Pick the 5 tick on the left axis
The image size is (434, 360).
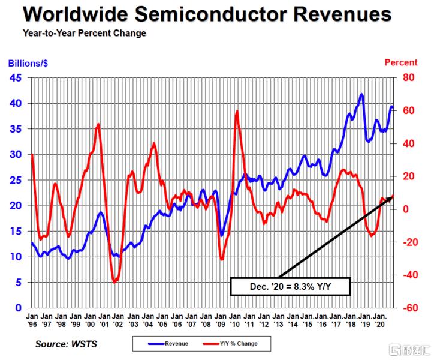coord(20,282)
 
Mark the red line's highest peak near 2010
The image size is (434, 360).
coord(237,111)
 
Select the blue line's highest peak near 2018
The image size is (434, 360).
coord(361,94)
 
